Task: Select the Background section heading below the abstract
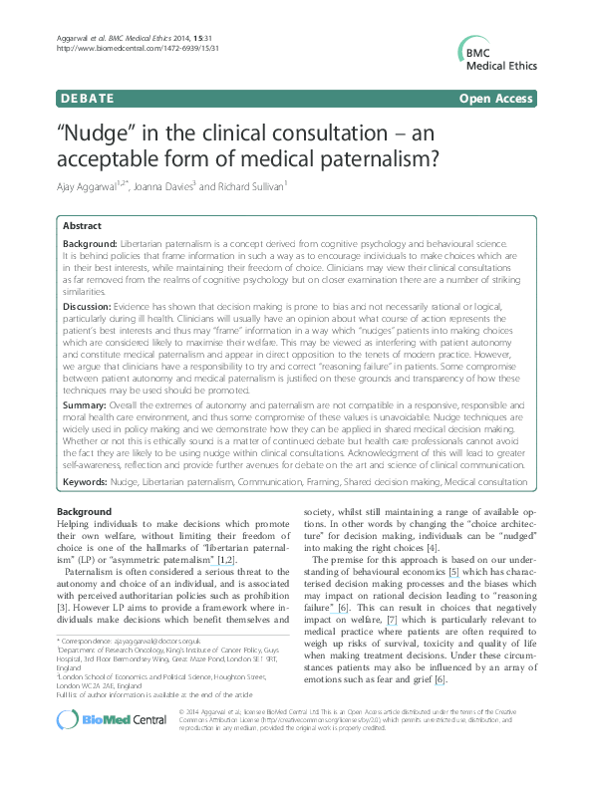pos(85,511)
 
